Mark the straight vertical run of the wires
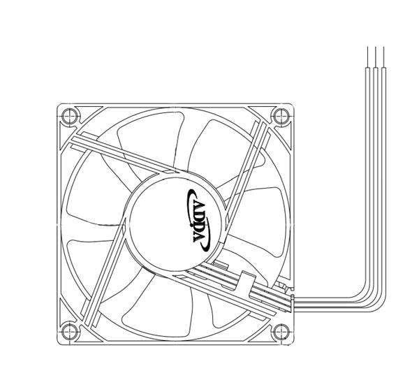376,175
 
